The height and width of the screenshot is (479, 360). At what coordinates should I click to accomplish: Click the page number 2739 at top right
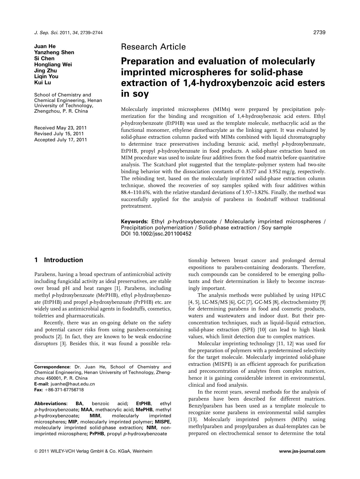click(319, 32)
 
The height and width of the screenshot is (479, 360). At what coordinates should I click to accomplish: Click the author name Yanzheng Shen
click(54, 52)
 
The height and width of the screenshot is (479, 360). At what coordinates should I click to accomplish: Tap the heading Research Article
click(153, 47)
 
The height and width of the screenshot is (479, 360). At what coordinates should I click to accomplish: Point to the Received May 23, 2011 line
click(60, 128)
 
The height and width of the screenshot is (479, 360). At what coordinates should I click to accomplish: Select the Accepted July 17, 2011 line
click(60, 140)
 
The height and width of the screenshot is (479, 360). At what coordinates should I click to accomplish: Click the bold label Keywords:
click(135, 222)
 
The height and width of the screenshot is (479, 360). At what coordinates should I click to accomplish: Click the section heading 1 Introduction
click(59, 260)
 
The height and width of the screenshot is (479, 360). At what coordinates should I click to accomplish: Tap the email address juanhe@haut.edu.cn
click(70, 384)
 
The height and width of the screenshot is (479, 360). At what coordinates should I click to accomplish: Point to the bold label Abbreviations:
click(51, 403)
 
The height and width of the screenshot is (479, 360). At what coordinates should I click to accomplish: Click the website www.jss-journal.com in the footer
click(302, 451)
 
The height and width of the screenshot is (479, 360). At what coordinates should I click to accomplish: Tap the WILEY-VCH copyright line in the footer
click(93, 451)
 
